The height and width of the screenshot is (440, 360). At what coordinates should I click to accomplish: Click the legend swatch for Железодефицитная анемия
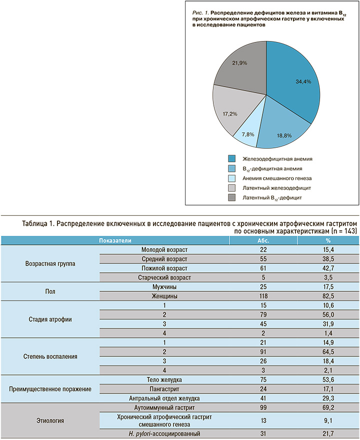[231, 159]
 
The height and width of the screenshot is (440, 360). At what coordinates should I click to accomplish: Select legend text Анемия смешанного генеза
[277, 178]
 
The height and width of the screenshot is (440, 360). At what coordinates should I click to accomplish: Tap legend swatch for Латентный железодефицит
[231, 188]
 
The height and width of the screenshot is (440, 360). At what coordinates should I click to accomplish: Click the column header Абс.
[263, 240]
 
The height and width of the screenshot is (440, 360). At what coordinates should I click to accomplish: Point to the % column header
[328, 240]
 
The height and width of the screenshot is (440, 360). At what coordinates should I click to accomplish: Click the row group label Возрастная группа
[50, 264]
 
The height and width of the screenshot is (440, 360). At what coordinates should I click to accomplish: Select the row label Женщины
[164, 296]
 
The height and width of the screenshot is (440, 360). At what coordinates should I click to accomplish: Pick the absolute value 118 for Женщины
[263, 296]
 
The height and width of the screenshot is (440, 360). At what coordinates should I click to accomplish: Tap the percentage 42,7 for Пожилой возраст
[328, 268]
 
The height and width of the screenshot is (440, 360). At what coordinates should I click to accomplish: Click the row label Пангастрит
[164, 389]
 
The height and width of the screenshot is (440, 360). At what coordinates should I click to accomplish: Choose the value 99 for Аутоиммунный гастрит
[263, 407]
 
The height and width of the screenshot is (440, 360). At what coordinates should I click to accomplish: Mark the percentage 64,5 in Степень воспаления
[328, 352]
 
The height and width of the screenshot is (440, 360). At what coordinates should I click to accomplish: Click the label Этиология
[50, 420]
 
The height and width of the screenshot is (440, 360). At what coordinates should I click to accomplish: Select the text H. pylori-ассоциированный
[164, 433]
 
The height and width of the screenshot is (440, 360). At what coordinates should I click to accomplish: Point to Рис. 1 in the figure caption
[200, 13]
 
